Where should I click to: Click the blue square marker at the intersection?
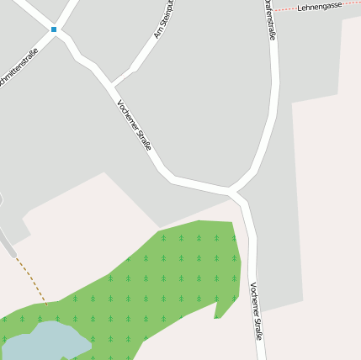[x=54, y=29]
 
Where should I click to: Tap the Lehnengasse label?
[x=320, y=6]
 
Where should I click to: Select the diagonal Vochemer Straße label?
[x=135, y=125]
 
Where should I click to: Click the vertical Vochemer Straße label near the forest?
[x=256, y=310]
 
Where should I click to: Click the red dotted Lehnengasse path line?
[x=286, y=9]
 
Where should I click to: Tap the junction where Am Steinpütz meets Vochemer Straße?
[x=112, y=86]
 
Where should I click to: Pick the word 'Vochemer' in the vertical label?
[x=254, y=298]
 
